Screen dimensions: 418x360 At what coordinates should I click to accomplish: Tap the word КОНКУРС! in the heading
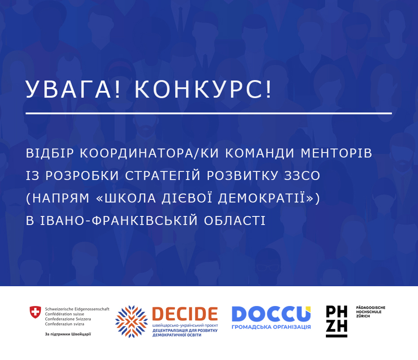coord(203,89)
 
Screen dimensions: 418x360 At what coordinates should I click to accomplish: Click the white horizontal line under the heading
coord(209,113)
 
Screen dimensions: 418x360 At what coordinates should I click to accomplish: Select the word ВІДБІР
coord(50,153)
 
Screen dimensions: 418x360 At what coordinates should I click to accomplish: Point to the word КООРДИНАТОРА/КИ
coord(150,153)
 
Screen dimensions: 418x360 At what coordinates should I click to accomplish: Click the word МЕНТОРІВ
coord(337,153)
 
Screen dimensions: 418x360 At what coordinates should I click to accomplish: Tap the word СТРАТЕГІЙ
coord(163,175)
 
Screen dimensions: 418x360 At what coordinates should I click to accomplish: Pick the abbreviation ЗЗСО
coord(302,175)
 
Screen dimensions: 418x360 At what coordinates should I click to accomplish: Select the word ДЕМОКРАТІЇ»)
coord(269,198)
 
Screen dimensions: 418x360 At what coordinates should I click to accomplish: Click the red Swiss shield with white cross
coord(35,312)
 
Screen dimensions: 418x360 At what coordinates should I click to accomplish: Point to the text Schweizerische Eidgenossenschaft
coord(77,309)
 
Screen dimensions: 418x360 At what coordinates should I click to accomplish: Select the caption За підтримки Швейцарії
coord(68,334)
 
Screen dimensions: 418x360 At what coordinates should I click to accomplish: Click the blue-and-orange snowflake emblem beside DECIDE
coord(131,322)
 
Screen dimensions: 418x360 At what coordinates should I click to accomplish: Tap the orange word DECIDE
coord(185,314)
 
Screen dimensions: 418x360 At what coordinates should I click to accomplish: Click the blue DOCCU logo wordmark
coord(271,314)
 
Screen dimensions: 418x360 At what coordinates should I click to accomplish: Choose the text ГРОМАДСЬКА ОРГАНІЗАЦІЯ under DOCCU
coord(271,327)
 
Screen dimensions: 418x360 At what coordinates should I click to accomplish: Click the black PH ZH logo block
coord(337,321)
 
